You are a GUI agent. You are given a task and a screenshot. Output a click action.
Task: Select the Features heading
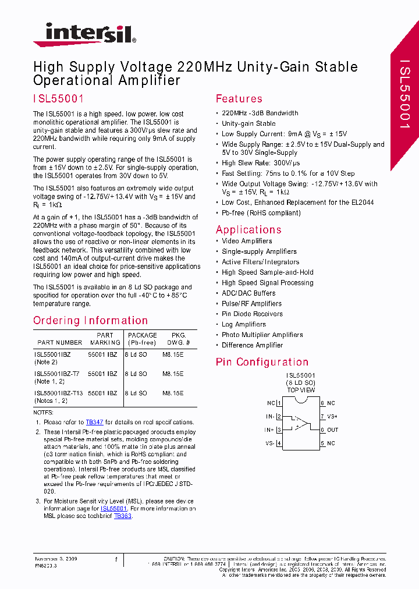point(239,99)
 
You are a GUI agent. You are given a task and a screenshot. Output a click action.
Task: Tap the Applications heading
point(248,229)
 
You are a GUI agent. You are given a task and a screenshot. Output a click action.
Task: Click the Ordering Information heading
point(90,321)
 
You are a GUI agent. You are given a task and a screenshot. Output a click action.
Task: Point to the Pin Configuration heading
point(262,362)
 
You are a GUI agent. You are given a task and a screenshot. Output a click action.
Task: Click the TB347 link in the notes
point(94,422)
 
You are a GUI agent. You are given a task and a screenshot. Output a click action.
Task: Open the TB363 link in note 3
point(122,516)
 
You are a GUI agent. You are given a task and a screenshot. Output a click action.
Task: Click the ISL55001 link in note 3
point(113,508)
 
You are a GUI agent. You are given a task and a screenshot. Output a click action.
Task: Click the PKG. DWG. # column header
point(179,339)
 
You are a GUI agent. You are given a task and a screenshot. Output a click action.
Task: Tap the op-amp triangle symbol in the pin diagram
point(300,423)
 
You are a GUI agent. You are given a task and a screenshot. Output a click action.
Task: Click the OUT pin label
point(332,430)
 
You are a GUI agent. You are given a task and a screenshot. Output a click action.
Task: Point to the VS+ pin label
point(332,417)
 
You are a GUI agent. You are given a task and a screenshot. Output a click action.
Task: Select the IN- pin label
point(270,417)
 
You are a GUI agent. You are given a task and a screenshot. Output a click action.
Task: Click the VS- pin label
point(270,443)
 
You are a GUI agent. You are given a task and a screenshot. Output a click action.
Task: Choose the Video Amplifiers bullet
point(247,241)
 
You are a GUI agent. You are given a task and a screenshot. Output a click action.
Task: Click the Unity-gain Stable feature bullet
point(248,123)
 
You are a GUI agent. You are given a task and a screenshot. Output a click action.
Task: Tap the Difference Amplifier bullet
point(252,345)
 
